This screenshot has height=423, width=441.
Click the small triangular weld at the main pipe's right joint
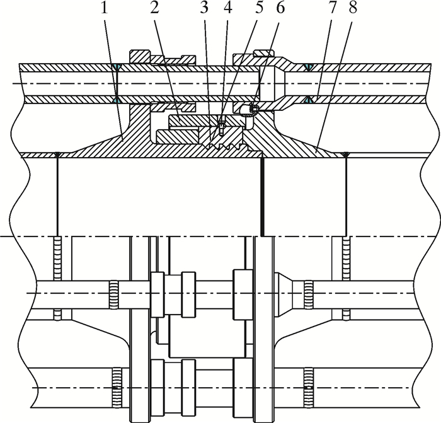coord(345,154)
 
